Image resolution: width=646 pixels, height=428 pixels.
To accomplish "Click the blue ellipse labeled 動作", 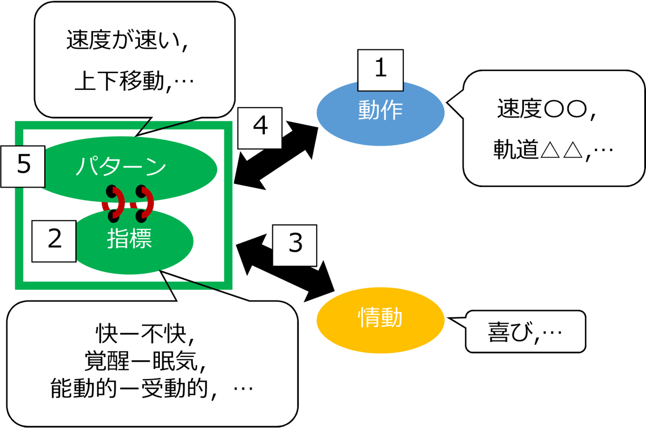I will click(x=380, y=111).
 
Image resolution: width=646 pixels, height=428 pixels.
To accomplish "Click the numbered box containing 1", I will click(x=381, y=70).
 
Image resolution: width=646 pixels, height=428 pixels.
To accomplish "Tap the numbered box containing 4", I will click(x=260, y=127).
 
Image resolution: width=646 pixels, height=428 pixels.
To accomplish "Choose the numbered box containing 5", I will click(x=23, y=166).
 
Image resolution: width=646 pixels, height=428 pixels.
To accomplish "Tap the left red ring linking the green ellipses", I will click(x=113, y=203).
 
